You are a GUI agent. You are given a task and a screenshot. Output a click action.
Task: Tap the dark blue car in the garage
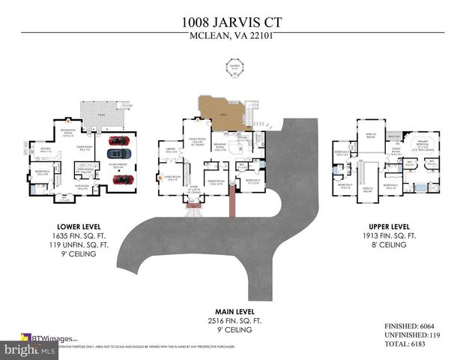[x=120, y=159]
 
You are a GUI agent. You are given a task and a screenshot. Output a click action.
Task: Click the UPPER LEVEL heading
[x=388, y=226]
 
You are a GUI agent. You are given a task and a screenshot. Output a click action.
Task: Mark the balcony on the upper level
[x=394, y=136]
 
